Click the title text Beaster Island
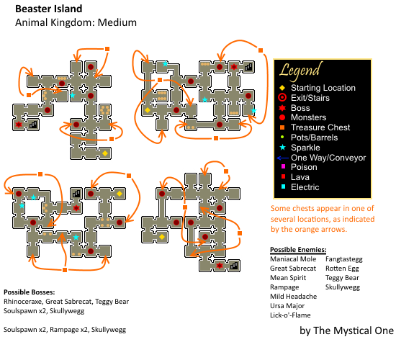pos(49,9)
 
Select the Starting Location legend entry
pos(318,88)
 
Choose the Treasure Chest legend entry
pos(315,127)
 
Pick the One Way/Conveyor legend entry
pos(321,158)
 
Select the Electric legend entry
pos(300,187)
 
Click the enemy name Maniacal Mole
pos(293,259)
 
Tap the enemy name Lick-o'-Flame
pos(290,315)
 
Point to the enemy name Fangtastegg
pos(344,259)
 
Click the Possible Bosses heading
pos(30,292)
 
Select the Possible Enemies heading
pos(298,250)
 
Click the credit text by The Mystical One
pos(346,330)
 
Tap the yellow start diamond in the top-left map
pos(105,153)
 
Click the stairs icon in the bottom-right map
pos(234,266)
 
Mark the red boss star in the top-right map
pos(234,67)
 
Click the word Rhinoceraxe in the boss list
pos(23,302)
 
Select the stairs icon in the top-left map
pos(33,125)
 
